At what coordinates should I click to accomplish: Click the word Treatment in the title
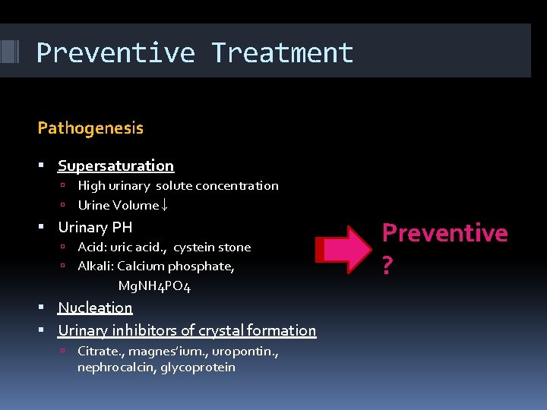[x=282, y=53]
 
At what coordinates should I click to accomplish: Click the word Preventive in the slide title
[x=115, y=53]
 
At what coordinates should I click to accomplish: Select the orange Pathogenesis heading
[x=90, y=128]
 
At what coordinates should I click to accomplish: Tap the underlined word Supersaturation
[x=115, y=166]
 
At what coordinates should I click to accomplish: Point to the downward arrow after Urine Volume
[x=165, y=205]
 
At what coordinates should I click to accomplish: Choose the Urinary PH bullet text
[x=95, y=227]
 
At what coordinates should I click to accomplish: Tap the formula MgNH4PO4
[x=154, y=286]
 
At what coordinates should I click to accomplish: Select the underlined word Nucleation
[x=95, y=307]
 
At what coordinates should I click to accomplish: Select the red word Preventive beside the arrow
[x=444, y=232]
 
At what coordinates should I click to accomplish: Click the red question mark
[x=387, y=266]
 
